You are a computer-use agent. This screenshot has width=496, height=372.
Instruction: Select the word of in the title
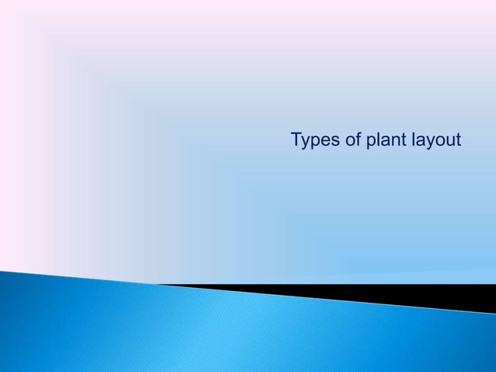pyautogui.click(x=350, y=141)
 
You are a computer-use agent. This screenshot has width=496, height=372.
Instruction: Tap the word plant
pyautogui.click(x=382, y=141)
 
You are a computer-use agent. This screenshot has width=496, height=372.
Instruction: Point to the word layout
pyautogui.click(x=435, y=141)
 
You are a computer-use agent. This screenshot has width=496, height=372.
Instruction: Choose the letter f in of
pyautogui.click(x=355, y=140)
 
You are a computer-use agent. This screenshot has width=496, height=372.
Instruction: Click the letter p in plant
pyautogui.click(x=367, y=142)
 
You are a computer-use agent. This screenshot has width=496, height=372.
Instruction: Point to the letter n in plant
pyautogui.click(x=390, y=142)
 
